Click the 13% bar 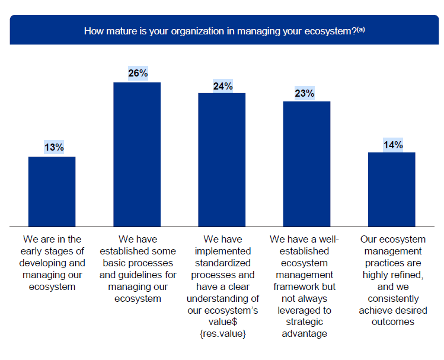[52, 191]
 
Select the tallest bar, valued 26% [137, 154]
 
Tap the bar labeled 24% [222, 160]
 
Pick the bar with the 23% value [306, 164]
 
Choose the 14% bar [391, 189]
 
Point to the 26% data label [138, 73]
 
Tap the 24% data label [222, 86]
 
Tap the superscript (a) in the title [360, 28]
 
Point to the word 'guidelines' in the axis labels [152, 275]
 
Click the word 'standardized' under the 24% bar [222, 263]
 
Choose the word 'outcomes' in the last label [391, 322]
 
